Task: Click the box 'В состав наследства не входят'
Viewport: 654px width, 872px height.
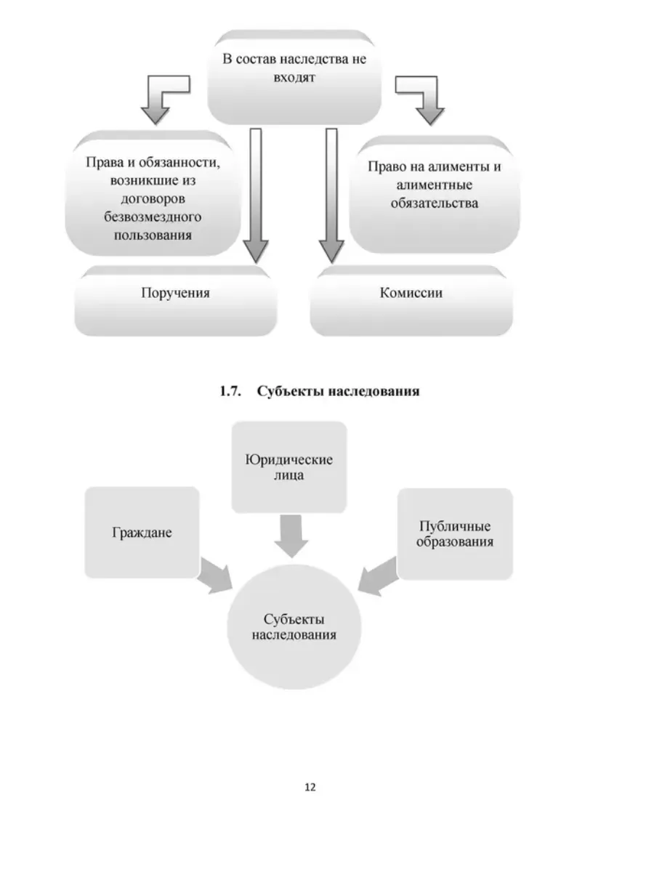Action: [x=294, y=78]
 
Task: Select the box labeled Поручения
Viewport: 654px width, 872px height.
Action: [x=176, y=301]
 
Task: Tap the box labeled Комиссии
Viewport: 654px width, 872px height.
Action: [x=411, y=301]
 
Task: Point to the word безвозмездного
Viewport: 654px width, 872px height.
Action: [x=153, y=217]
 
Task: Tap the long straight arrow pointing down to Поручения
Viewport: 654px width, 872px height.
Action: [x=256, y=195]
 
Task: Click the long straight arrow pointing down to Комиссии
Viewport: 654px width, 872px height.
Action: [x=331, y=195]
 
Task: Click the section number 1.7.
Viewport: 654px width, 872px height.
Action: [x=230, y=391]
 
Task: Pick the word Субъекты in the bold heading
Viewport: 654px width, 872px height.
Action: [x=291, y=391]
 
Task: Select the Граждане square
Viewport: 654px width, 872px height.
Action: [x=142, y=533]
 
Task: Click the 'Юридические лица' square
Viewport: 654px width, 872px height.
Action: [x=289, y=467]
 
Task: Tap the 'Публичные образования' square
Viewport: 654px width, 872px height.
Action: [x=455, y=534]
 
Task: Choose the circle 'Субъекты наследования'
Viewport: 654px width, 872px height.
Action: [x=294, y=627]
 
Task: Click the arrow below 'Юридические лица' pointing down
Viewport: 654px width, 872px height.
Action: [x=291, y=536]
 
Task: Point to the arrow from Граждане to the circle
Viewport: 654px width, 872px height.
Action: [x=215, y=576]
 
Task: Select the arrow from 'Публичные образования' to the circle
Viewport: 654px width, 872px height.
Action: [x=378, y=576]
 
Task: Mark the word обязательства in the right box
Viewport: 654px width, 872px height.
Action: [x=435, y=203]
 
